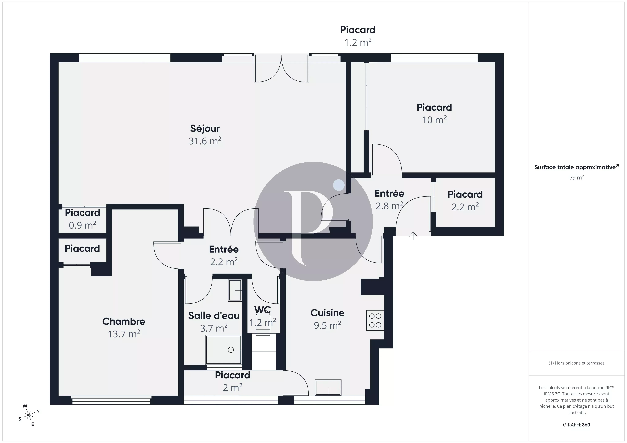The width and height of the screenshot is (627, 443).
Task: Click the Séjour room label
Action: click(x=205, y=128)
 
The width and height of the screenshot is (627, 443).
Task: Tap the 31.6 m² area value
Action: click(x=205, y=141)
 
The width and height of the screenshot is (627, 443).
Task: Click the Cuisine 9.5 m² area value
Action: click(x=327, y=325)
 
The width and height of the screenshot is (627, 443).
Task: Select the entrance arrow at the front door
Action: click(x=413, y=236)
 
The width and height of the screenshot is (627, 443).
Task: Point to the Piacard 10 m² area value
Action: click(x=434, y=120)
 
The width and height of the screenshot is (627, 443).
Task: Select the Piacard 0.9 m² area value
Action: click(x=83, y=225)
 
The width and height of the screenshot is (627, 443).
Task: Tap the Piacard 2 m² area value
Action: click(x=232, y=388)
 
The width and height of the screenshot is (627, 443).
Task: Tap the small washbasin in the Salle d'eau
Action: click(x=235, y=290)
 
